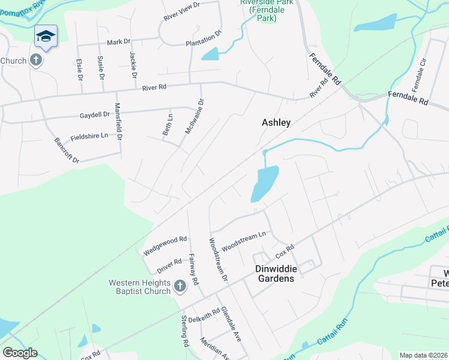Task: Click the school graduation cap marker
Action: [46, 37]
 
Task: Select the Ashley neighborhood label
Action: [276, 122]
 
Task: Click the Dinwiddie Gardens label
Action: [274, 274]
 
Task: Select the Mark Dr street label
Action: [118, 42]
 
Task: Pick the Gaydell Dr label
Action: [95, 114]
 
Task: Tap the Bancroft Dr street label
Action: [67, 151]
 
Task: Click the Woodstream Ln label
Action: [244, 241]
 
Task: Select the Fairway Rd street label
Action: [193, 268]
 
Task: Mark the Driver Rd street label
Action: [169, 265]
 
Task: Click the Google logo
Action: [20, 353]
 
